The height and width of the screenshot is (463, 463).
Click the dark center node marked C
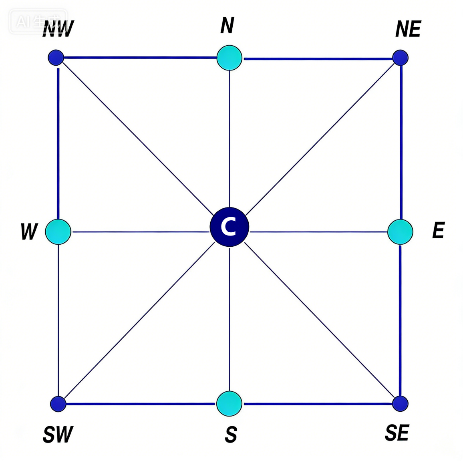(229, 227)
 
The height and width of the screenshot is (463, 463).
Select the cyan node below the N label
(229, 58)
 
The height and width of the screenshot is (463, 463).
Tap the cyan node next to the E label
(400, 232)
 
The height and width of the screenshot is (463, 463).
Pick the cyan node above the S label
(229, 404)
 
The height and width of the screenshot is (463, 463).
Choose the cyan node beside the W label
(58, 232)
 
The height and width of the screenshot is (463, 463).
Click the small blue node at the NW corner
(56, 57)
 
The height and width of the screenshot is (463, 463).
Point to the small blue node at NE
(401, 58)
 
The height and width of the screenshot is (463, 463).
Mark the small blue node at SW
(58, 404)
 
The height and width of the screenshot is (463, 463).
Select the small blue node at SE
(401, 404)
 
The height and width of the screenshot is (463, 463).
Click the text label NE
(408, 29)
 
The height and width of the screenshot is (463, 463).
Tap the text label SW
(58, 434)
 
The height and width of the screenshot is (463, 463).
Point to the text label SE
(397, 433)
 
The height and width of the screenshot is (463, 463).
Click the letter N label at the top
(227, 25)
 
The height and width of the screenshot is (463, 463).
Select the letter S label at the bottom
(231, 434)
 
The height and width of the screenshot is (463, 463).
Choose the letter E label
(439, 230)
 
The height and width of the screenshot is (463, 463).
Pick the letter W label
(29, 231)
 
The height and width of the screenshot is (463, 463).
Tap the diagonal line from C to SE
(320, 320)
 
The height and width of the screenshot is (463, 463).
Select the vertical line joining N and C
(229, 139)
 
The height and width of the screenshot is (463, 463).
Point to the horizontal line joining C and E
(318, 232)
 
